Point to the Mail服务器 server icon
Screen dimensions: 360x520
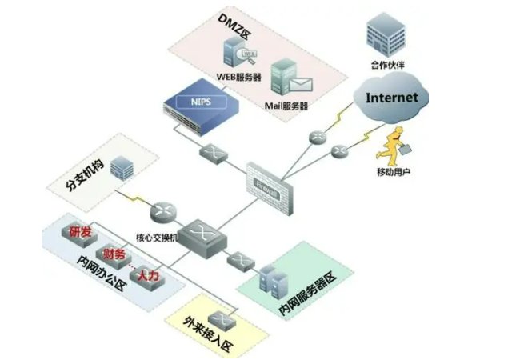click(286, 78)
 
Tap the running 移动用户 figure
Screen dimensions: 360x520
click(393, 148)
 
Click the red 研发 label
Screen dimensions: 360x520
click(80, 233)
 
